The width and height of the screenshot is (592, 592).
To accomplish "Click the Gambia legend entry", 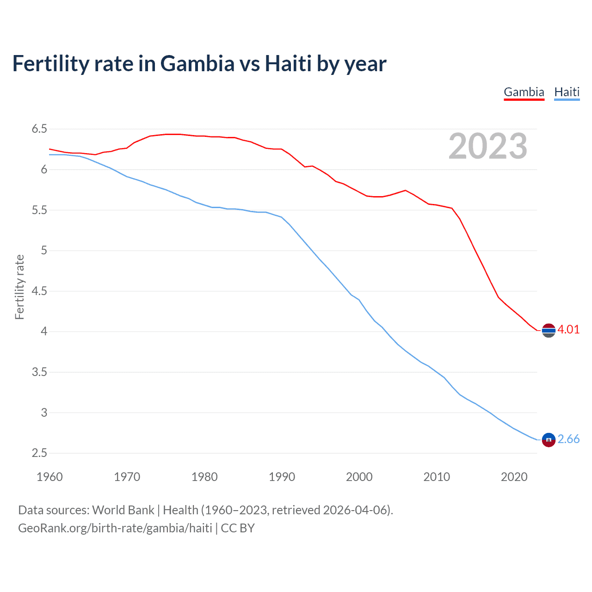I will (524, 92).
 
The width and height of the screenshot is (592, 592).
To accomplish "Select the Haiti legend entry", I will (567, 92).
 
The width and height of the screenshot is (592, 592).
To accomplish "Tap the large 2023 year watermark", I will (487, 146).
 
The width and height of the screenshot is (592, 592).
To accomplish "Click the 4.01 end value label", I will (568, 329).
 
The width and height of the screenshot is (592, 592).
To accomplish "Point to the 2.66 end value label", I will (568, 439).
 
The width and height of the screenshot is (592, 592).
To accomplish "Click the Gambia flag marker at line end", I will (549, 330).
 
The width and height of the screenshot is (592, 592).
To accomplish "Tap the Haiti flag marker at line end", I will (549, 440).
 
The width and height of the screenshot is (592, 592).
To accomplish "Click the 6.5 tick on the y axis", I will (39, 129).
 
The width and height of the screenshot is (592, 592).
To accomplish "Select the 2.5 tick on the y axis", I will (39, 453).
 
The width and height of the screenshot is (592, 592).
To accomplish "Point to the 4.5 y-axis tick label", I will (39, 291).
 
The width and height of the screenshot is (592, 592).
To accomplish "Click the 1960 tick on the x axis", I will (49, 477).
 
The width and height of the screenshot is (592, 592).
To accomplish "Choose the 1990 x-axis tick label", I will (282, 477).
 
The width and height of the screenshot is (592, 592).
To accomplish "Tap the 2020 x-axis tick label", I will (514, 477).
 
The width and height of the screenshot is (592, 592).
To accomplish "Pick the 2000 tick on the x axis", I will (359, 477).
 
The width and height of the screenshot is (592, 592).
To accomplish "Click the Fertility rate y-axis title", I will (19, 287).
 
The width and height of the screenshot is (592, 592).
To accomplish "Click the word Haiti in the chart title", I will (288, 63).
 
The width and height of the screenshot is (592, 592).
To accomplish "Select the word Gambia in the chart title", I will (197, 63).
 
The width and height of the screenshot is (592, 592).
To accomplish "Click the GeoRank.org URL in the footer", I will (115, 528).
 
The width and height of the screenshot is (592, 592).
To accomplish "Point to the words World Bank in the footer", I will (123, 510).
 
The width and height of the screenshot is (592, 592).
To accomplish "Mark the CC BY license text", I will (238, 528).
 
